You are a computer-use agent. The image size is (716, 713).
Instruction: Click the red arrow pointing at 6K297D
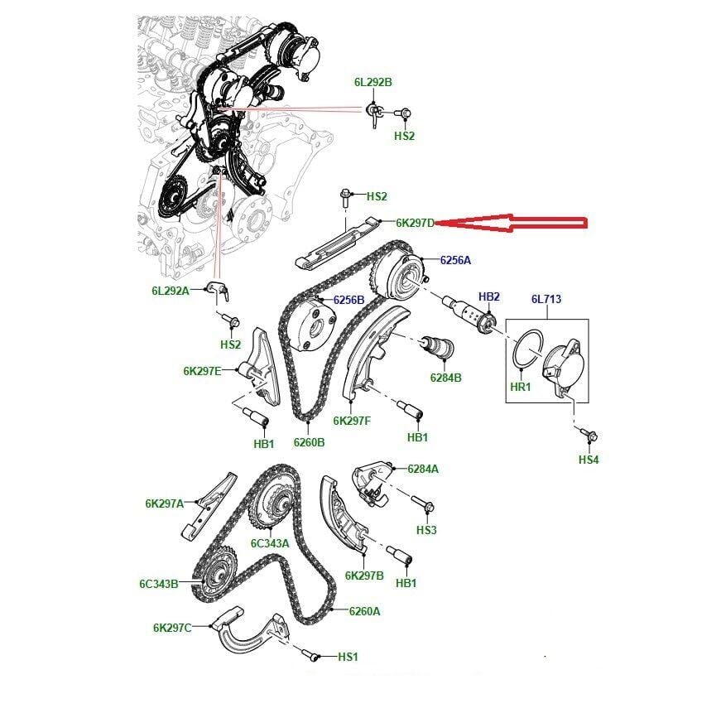pyautogui.click(x=511, y=223)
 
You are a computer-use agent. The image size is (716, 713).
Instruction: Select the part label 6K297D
pyautogui.click(x=415, y=223)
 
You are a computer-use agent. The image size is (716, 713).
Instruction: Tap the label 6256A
pyautogui.click(x=455, y=260)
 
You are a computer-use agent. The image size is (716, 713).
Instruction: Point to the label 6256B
pyautogui.click(x=348, y=300)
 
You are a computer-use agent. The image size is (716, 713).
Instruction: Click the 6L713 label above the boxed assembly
pyautogui.click(x=546, y=300)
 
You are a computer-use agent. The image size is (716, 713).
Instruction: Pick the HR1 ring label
pyautogui.click(x=521, y=387)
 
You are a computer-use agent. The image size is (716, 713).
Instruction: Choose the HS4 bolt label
pyautogui.click(x=589, y=460)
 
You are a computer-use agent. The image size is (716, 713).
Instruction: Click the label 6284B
pyautogui.click(x=445, y=378)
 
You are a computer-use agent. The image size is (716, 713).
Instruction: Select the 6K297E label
pyautogui.click(x=202, y=371)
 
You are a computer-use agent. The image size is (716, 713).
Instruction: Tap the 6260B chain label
pyautogui.click(x=309, y=442)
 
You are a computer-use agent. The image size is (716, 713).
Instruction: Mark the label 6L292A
pyautogui.click(x=171, y=291)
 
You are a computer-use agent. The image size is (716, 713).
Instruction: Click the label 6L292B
pyautogui.click(x=373, y=82)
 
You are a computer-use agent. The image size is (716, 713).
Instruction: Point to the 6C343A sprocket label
pyautogui.click(x=270, y=543)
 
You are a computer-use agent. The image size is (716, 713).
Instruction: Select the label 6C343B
pyautogui.click(x=159, y=584)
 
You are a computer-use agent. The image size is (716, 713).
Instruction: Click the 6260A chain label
pyautogui.click(x=364, y=611)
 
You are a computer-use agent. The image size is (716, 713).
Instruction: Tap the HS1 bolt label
pyautogui.click(x=348, y=657)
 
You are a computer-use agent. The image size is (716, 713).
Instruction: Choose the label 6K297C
pyautogui.click(x=172, y=628)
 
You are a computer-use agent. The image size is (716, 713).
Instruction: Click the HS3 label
pyautogui.click(x=426, y=530)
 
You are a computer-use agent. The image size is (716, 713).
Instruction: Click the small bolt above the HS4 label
pyautogui.click(x=589, y=435)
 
